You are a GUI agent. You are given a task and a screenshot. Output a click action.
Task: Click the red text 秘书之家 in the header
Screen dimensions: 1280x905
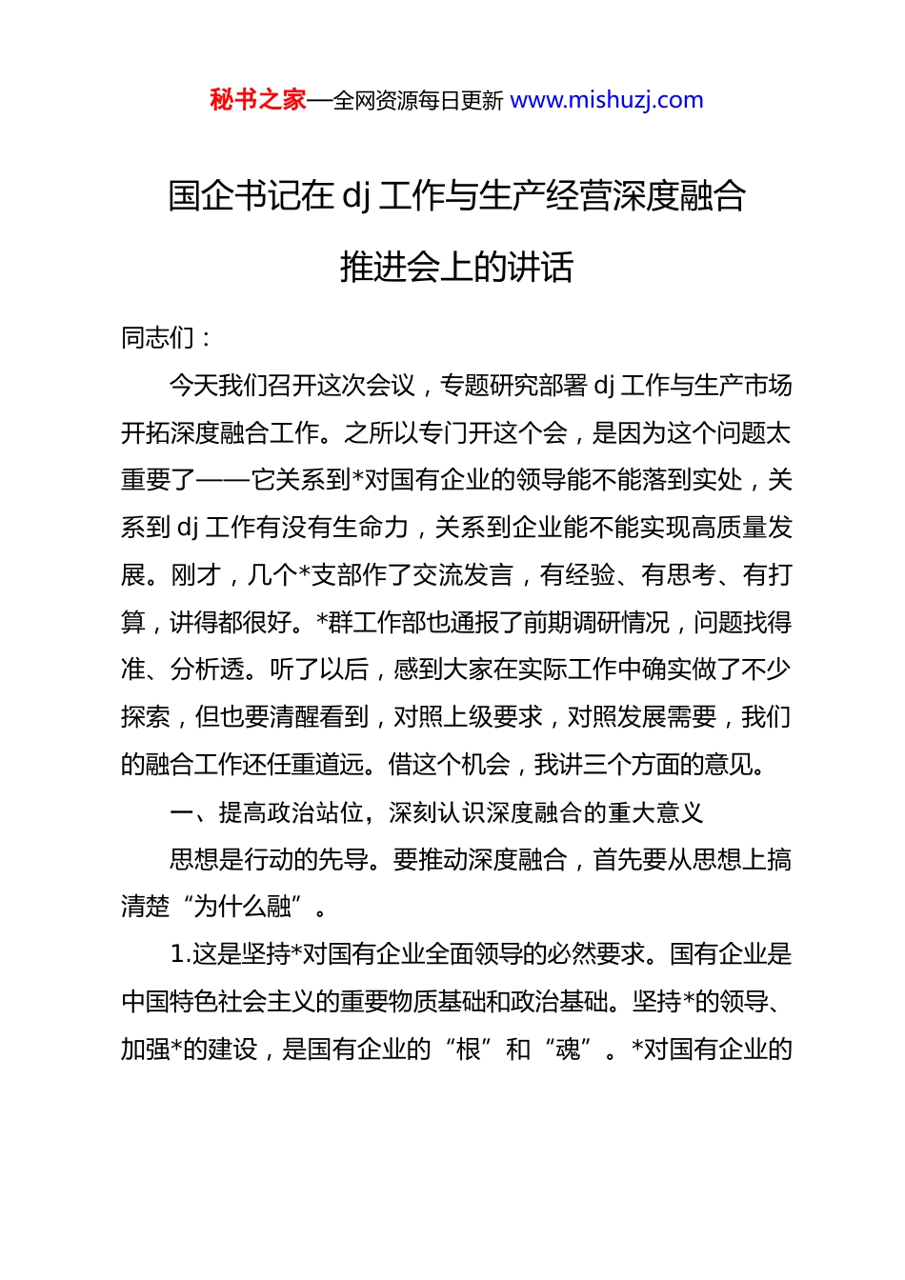point(257,100)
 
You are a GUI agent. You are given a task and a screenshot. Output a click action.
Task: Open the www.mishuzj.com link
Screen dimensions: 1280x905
point(607,100)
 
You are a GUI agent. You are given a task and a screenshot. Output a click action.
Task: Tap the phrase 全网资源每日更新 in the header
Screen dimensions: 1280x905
point(417,101)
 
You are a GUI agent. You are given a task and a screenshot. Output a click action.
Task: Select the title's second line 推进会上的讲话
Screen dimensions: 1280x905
point(456,268)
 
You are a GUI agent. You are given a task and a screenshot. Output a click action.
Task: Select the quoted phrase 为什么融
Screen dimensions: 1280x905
point(241,907)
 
